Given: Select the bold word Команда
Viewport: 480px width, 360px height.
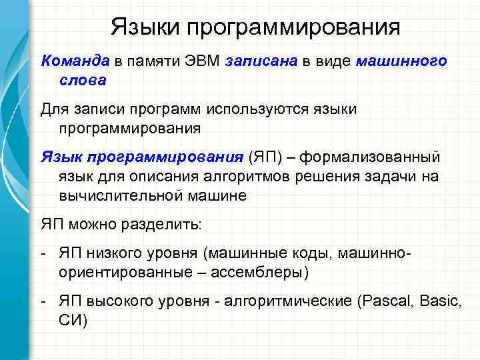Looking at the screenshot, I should [x=75, y=61].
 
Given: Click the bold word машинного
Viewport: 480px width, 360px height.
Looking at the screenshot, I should [x=401, y=61].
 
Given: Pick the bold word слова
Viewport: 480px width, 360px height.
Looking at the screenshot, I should [x=82, y=80].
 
